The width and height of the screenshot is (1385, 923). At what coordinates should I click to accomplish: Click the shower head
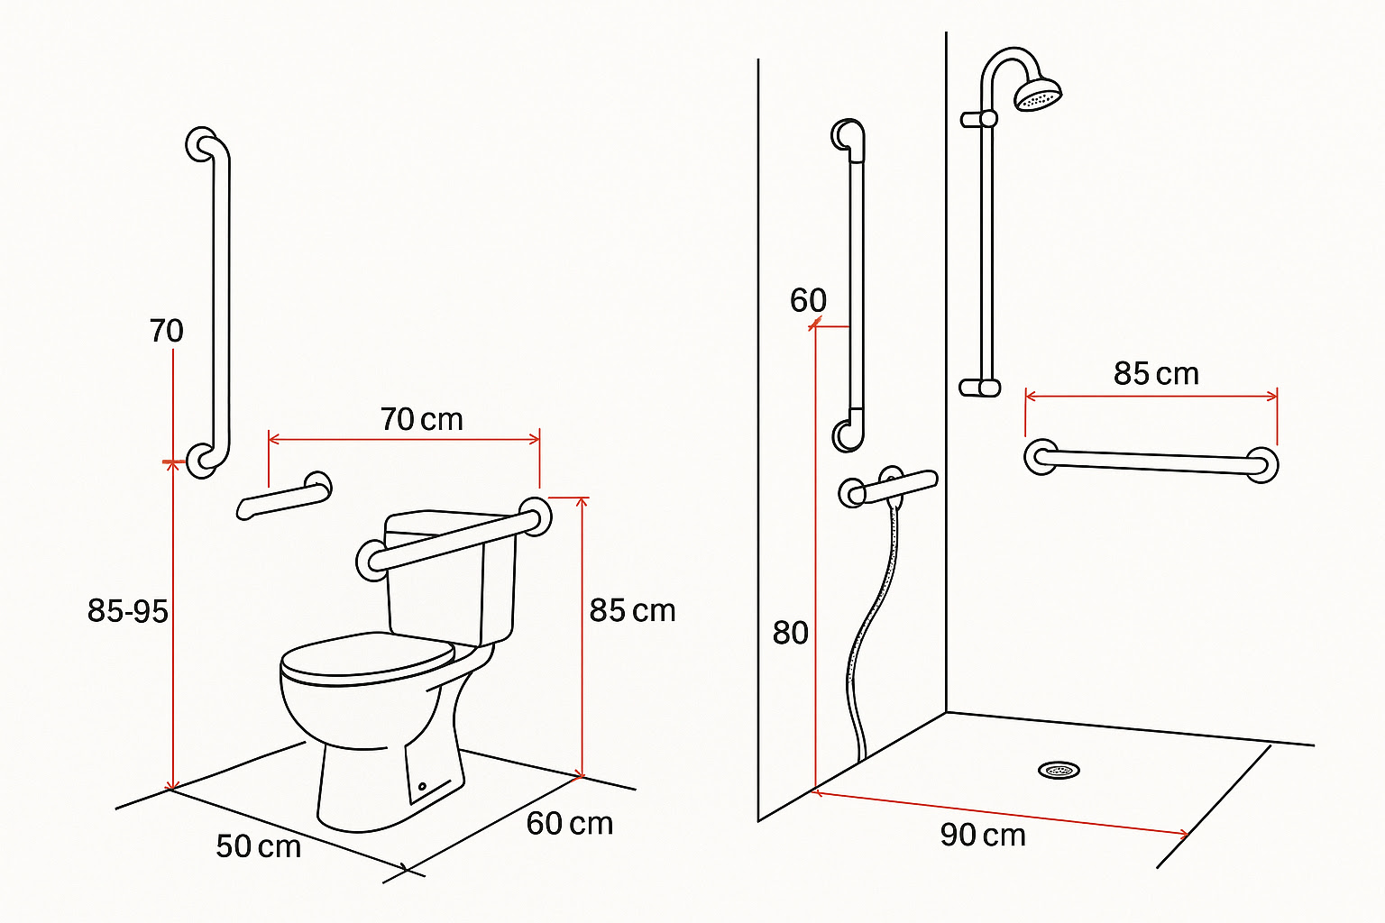tap(1038, 94)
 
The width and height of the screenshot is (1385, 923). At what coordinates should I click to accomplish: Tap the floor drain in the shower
tap(1059, 771)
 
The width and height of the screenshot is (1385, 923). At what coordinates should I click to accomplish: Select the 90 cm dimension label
tap(983, 836)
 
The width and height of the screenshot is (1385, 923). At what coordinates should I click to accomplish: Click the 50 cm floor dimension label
tap(259, 846)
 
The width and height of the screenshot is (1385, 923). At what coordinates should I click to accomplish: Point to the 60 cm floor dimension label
tap(570, 824)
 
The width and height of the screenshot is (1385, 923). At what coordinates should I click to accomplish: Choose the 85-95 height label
tap(127, 611)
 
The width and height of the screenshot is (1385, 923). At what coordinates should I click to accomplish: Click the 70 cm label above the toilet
tap(422, 419)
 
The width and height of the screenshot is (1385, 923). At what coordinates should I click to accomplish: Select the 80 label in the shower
tap(790, 633)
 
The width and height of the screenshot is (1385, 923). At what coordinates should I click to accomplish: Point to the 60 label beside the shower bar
tap(808, 300)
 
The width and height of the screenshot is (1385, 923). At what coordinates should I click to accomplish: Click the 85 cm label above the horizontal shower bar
tap(1156, 373)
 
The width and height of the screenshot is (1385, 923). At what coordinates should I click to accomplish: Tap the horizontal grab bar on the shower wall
tap(1151, 461)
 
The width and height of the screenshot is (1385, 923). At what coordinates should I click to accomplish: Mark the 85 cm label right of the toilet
tap(632, 611)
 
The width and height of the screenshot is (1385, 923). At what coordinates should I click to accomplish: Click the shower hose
tap(866, 636)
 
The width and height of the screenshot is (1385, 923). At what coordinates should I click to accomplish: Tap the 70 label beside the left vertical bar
tap(166, 331)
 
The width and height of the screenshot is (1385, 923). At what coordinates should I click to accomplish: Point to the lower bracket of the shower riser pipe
tap(979, 388)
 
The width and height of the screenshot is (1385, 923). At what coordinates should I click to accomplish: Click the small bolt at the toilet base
tap(422, 786)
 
